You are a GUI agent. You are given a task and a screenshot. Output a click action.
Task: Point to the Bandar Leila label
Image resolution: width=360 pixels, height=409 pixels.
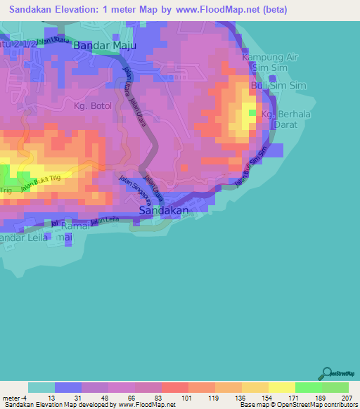tap(24, 238)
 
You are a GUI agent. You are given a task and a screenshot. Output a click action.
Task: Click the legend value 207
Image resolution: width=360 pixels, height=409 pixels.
tap(347, 397)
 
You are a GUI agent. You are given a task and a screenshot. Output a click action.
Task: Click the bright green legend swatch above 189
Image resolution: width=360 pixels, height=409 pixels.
tap(308, 387)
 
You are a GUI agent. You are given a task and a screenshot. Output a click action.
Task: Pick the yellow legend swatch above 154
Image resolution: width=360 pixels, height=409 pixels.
tap(255, 387)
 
